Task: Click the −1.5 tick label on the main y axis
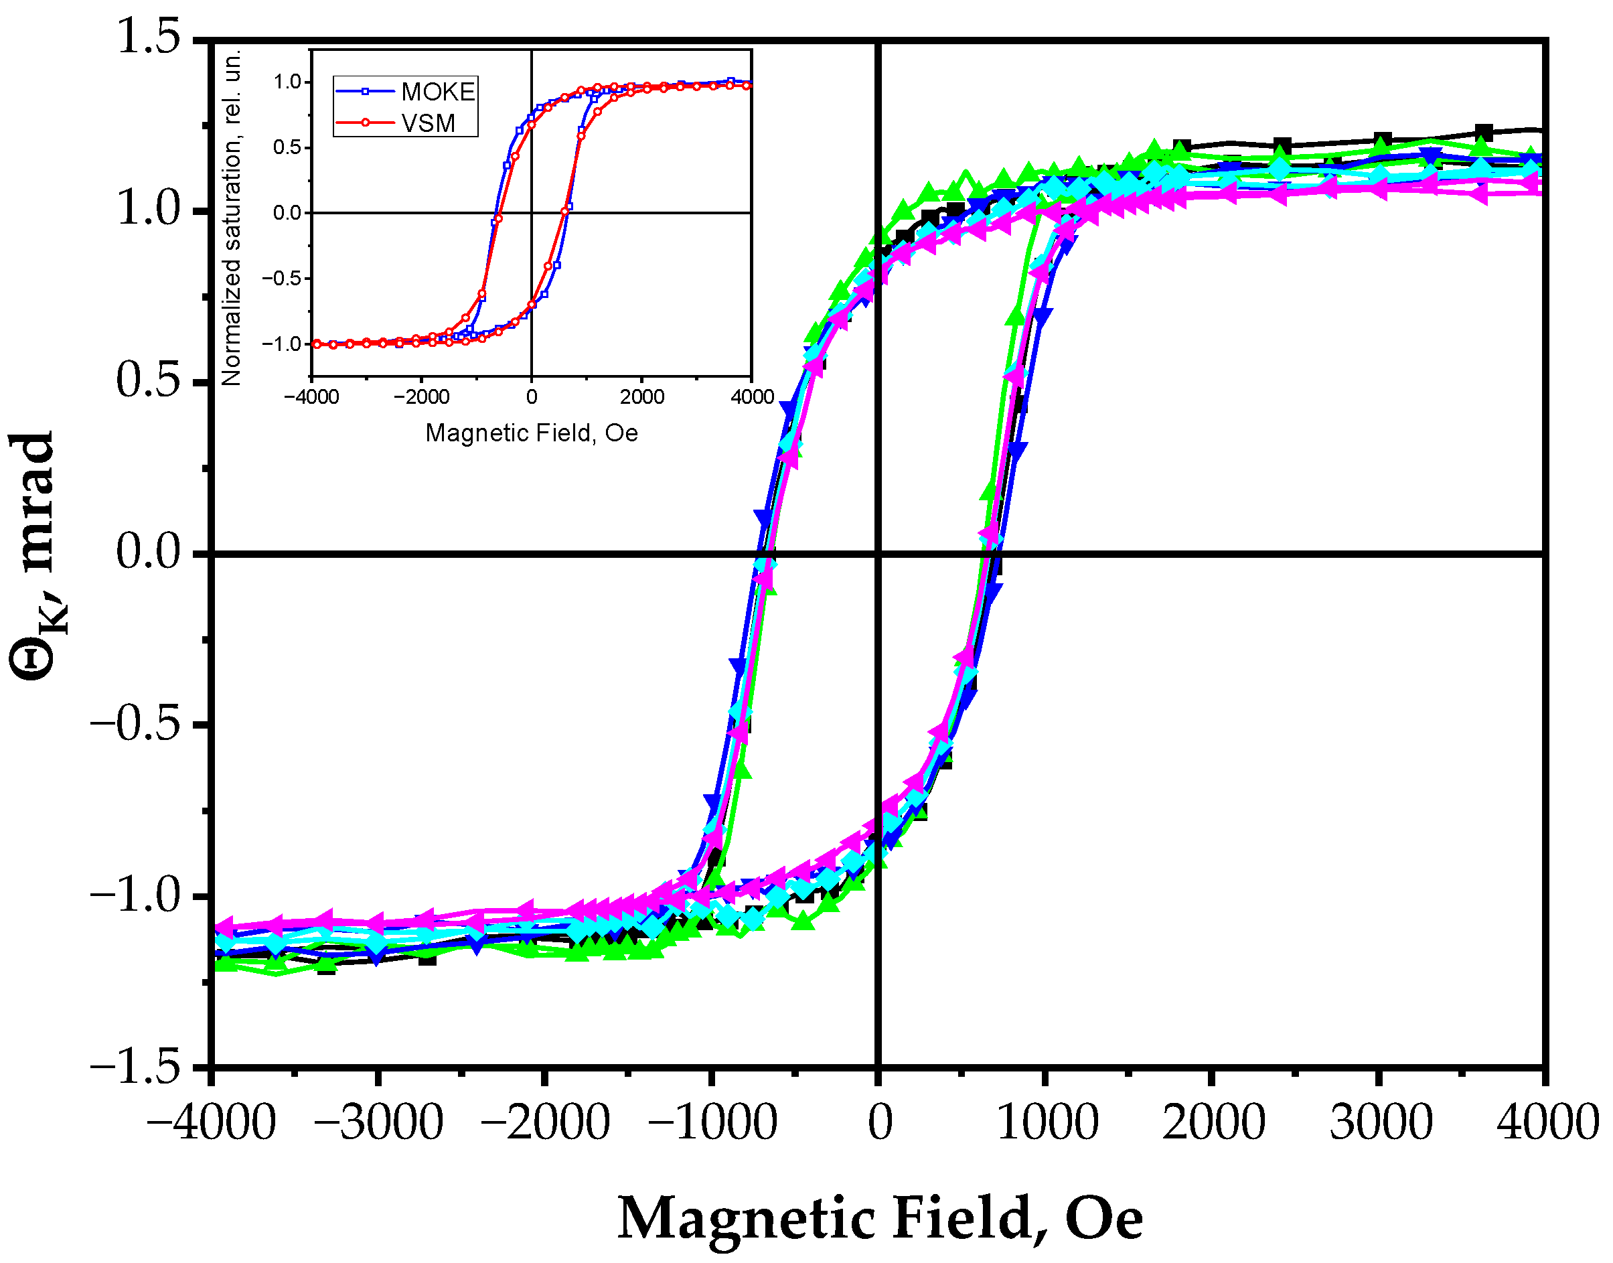(x=136, y=1067)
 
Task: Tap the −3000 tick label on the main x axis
(x=378, y=1122)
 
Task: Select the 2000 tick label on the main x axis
(x=1213, y=1122)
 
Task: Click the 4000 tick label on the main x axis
(x=1547, y=1122)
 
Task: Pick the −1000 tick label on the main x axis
(x=712, y=1122)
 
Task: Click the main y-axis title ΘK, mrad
(x=37, y=554)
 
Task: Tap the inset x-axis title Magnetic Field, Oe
(x=532, y=433)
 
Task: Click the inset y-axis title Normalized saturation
(x=232, y=218)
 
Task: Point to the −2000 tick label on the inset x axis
(x=421, y=397)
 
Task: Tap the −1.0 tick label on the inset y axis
(x=282, y=344)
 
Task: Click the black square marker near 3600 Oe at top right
(x=1483, y=134)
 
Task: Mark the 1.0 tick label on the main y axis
(x=149, y=209)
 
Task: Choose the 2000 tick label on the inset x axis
(x=641, y=397)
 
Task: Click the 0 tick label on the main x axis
(x=880, y=1122)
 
